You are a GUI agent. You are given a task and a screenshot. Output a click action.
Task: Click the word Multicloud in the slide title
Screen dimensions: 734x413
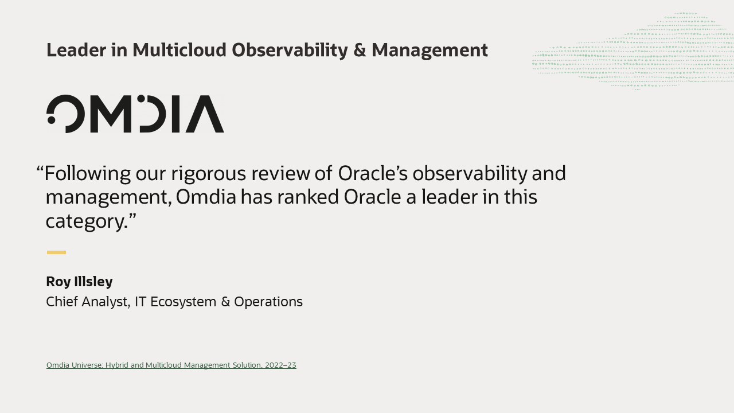(179, 50)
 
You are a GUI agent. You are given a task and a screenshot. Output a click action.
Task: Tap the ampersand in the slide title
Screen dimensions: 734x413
(360, 50)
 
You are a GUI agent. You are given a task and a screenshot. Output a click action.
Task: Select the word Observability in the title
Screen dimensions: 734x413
(290, 51)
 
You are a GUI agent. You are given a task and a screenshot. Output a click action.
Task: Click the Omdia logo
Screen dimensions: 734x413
(135, 114)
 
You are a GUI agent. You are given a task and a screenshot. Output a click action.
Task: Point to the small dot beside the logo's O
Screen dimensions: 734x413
(51, 120)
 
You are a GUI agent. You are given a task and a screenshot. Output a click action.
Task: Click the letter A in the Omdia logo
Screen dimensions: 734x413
(205, 114)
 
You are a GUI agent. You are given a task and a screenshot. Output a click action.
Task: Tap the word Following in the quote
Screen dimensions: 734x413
(88, 174)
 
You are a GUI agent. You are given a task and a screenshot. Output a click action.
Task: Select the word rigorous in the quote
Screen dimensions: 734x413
(208, 174)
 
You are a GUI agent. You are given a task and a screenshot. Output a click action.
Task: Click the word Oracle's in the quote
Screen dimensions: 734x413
(373, 173)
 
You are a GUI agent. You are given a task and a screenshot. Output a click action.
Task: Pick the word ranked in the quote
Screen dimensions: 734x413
(308, 197)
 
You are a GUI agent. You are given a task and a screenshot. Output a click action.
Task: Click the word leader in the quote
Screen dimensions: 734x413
(449, 197)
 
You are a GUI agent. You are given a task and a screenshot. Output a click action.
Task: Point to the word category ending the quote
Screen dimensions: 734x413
(86, 221)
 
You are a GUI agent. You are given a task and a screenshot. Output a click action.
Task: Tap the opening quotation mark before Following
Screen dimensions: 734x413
(40, 169)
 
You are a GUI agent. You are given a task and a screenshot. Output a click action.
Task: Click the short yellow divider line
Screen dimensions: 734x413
(56, 252)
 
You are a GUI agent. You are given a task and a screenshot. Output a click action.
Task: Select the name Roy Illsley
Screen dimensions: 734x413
(79, 282)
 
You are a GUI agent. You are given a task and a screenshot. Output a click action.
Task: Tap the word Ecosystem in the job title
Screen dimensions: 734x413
(183, 302)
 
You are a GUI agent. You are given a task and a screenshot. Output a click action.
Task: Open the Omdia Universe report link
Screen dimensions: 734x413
(171, 365)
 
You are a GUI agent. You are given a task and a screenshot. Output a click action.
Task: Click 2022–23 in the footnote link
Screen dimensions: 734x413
(280, 365)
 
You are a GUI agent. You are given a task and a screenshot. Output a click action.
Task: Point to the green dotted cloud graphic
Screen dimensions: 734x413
(633, 52)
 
